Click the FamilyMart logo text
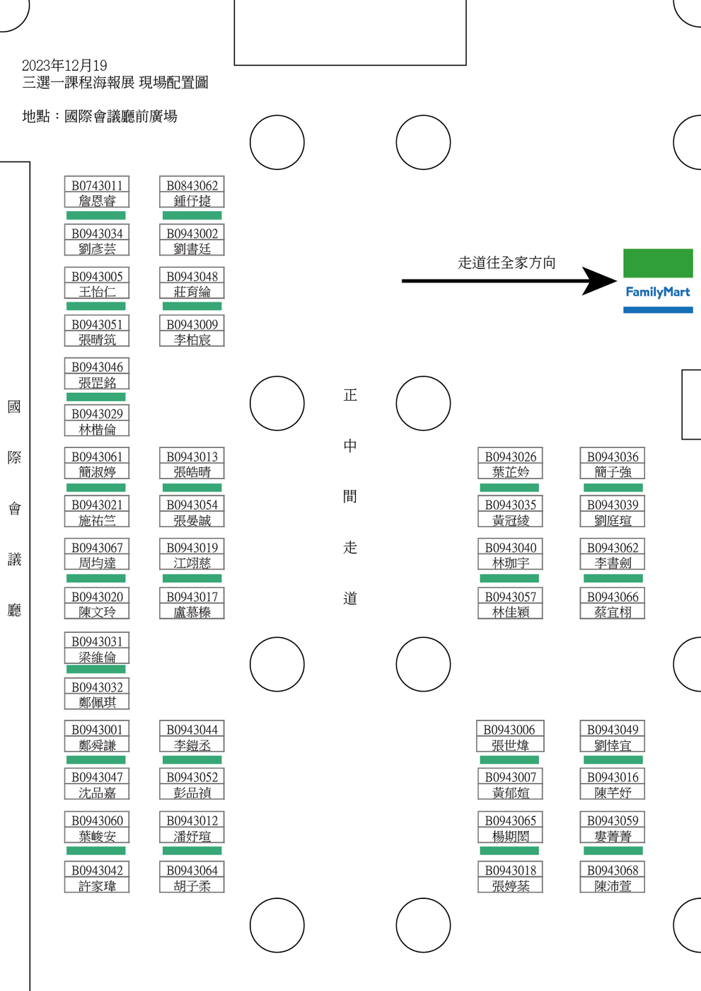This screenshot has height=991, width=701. pos(657,292)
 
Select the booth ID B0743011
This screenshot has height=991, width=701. pos(97,185)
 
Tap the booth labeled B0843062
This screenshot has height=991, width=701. pos(192,185)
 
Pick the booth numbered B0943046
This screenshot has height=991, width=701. pos(97,367)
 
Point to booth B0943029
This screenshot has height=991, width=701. pos(97,413)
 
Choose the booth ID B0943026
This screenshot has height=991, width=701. pos(511,457)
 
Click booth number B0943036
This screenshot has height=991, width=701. pos(613,457)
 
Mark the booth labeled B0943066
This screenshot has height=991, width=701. pos(613,597)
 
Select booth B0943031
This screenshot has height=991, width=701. pos(97,641)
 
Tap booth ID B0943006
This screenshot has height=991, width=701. pos(509,729)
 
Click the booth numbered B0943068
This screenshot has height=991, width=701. pos(613,870)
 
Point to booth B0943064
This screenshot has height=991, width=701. pos(192,870)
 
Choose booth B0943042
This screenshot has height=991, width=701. pos(97,870)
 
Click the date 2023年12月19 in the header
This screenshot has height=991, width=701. pos(64,66)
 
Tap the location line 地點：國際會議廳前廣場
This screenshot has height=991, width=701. pos(100,116)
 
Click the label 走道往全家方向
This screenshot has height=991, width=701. pos(506,263)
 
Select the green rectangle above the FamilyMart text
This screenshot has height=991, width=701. pos(658,263)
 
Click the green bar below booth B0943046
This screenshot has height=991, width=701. pos(96,396)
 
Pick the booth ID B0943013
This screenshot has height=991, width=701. pos(192,457)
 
